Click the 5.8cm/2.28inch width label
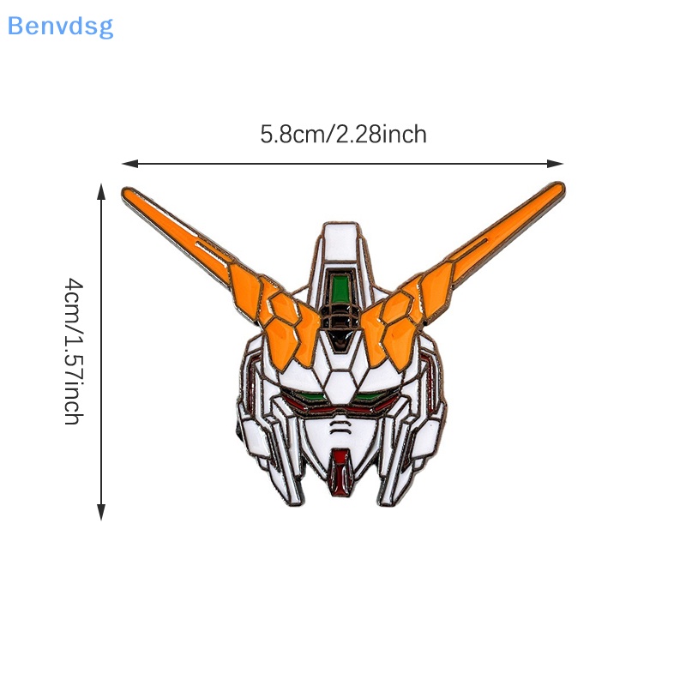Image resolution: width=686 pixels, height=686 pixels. pyautogui.click(x=343, y=135)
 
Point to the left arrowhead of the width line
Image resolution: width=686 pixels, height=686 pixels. pyautogui.click(x=127, y=162)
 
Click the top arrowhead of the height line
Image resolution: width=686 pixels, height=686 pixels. pyautogui.click(x=102, y=190)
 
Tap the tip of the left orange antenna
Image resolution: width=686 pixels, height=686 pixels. pyautogui.click(x=128, y=192)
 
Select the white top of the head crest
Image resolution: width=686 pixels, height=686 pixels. pyautogui.click(x=343, y=240)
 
